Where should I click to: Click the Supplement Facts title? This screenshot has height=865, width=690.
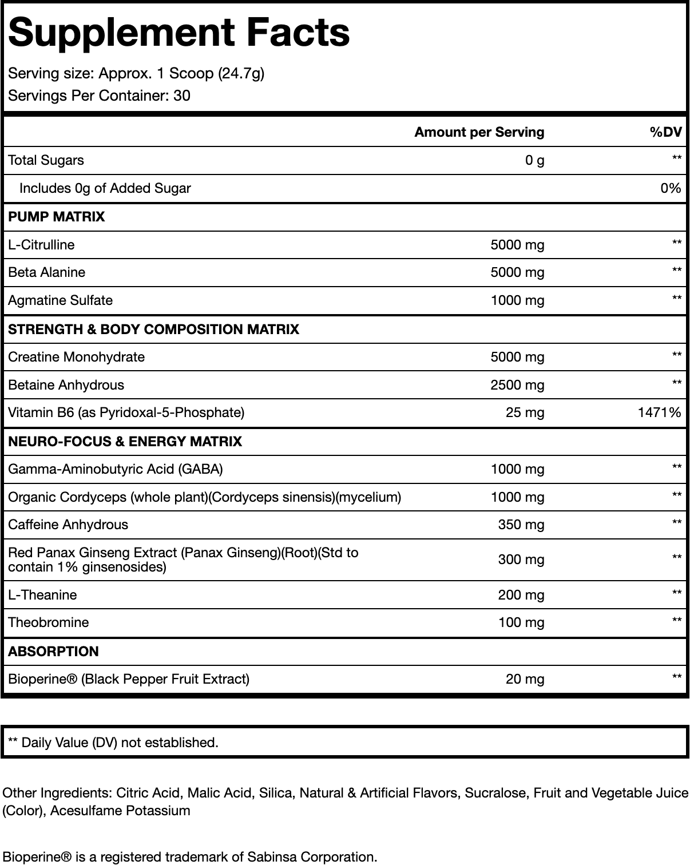tap(179, 33)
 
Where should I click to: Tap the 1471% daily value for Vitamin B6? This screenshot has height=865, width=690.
tap(659, 412)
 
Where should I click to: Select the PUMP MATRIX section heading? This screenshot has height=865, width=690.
tap(57, 217)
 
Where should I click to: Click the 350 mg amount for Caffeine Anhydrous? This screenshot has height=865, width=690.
tap(521, 525)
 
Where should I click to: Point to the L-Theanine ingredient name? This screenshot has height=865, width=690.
tap(42, 595)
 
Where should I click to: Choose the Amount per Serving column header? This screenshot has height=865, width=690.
tap(479, 132)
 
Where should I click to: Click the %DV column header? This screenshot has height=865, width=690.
tap(665, 132)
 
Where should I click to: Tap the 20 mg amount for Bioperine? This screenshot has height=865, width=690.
tap(525, 679)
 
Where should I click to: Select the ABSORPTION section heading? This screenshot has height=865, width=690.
tap(53, 652)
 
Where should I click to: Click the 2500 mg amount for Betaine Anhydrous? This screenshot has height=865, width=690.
tap(517, 385)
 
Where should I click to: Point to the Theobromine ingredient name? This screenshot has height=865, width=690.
tap(49, 622)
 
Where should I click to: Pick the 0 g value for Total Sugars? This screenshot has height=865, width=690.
tap(534, 160)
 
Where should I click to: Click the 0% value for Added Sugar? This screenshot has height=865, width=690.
tap(671, 188)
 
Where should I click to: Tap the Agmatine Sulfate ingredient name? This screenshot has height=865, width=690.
tap(61, 300)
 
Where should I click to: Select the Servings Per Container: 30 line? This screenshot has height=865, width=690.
tap(99, 96)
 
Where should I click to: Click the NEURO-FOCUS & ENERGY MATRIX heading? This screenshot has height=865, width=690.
tap(125, 442)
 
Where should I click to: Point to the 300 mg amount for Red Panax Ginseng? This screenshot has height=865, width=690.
tap(521, 560)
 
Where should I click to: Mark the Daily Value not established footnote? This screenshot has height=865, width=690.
tap(113, 743)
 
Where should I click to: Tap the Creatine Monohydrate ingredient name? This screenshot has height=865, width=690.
tap(77, 357)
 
